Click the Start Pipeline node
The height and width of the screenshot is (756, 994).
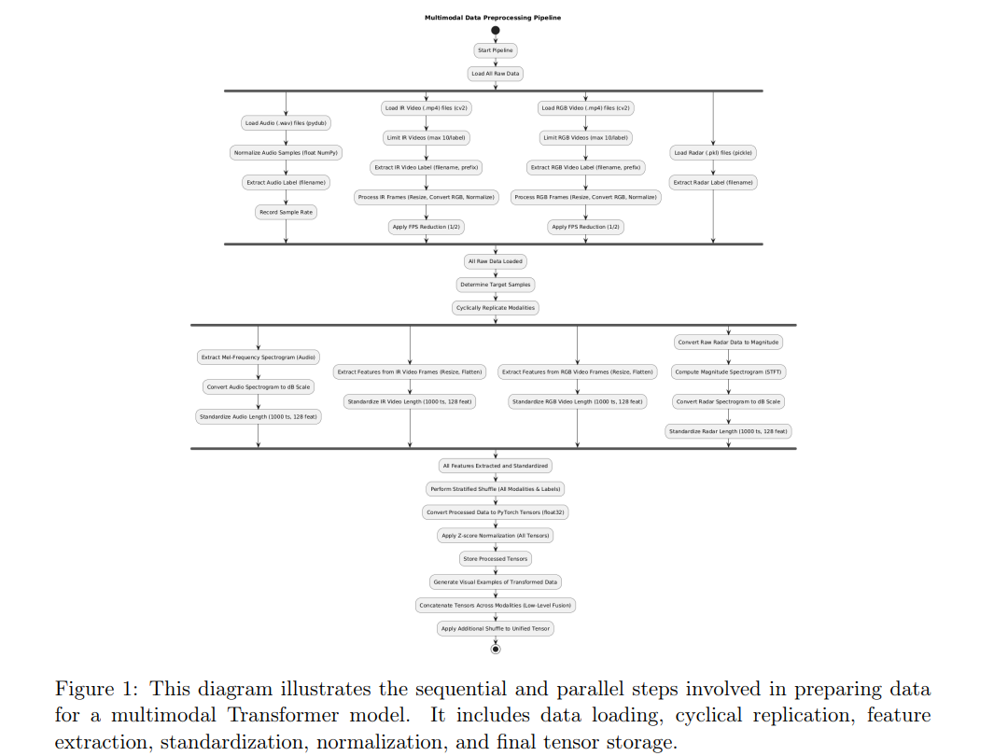(x=496, y=50)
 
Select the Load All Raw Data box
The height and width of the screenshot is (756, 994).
(x=496, y=73)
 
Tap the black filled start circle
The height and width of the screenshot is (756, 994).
(x=496, y=30)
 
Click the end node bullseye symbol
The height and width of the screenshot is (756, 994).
(x=496, y=649)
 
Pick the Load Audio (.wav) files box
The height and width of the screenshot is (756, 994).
(x=287, y=123)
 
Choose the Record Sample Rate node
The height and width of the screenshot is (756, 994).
(x=287, y=212)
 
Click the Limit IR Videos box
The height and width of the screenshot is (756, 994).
(x=427, y=137)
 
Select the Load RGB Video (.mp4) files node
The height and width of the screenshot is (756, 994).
(x=586, y=108)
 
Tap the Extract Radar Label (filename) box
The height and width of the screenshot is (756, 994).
(x=713, y=182)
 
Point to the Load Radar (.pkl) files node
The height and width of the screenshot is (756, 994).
(x=713, y=152)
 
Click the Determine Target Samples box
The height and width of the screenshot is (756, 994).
(x=496, y=285)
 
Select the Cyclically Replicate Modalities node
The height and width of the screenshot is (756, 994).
(x=496, y=307)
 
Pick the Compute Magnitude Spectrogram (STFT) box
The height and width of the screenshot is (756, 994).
(x=728, y=371)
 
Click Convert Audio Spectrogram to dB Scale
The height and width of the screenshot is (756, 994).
(x=259, y=386)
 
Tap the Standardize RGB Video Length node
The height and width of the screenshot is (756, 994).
(x=577, y=401)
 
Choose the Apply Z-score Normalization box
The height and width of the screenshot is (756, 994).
(x=496, y=536)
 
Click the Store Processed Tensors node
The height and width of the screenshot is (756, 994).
(x=496, y=559)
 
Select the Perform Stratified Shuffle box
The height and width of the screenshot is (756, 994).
(x=496, y=489)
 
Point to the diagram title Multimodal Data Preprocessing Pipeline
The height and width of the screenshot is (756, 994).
(x=493, y=18)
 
